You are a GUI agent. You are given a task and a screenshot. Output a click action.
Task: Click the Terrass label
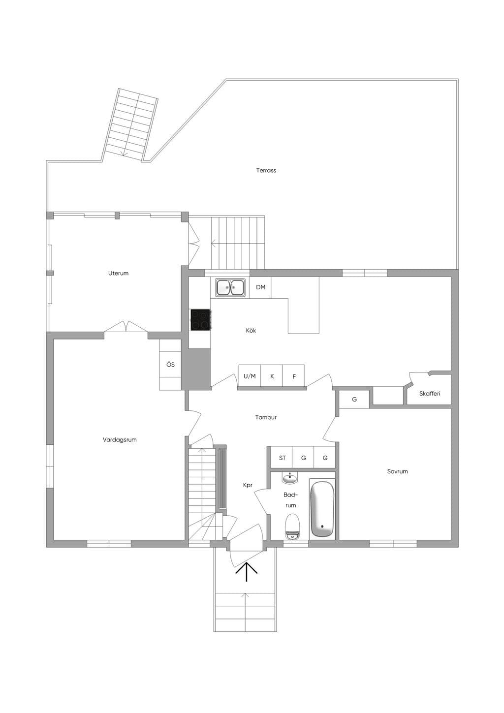pyautogui.click(x=266, y=170)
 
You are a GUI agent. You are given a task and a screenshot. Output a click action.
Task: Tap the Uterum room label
pyautogui.click(x=118, y=273)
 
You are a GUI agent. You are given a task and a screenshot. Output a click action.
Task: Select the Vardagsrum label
pyautogui.click(x=120, y=439)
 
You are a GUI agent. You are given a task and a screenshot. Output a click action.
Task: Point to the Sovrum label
pyautogui.click(x=397, y=471)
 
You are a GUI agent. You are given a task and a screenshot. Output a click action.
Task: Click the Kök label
pyautogui.click(x=251, y=330)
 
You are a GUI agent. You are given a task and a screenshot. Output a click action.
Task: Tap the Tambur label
pyautogui.click(x=266, y=417)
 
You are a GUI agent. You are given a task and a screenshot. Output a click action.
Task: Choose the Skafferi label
pyautogui.click(x=430, y=394)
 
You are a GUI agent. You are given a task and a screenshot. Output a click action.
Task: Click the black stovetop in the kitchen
pyautogui.click(x=200, y=319)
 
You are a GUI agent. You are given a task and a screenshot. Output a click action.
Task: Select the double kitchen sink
pyautogui.click(x=230, y=288)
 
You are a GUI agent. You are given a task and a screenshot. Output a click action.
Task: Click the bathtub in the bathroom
pyautogui.click(x=322, y=509)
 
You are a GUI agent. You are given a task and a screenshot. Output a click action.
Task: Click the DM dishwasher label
pyautogui.click(x=261, y=287)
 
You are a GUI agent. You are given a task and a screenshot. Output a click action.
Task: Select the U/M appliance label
pyautogui.click(x=250, y=376)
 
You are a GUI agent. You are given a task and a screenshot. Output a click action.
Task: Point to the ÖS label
pyautogui.click(x=171, y=365)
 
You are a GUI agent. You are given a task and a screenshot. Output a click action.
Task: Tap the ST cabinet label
pyautogui.click(x=282, y=458)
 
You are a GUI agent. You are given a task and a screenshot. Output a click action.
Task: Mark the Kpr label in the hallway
pyautogui.click(x=248, y=485)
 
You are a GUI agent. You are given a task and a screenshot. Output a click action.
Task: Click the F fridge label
pyautogui.click(x=294, y=376)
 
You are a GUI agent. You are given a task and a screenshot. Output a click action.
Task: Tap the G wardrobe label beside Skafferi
pyautogui.click(x=354, y=399)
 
